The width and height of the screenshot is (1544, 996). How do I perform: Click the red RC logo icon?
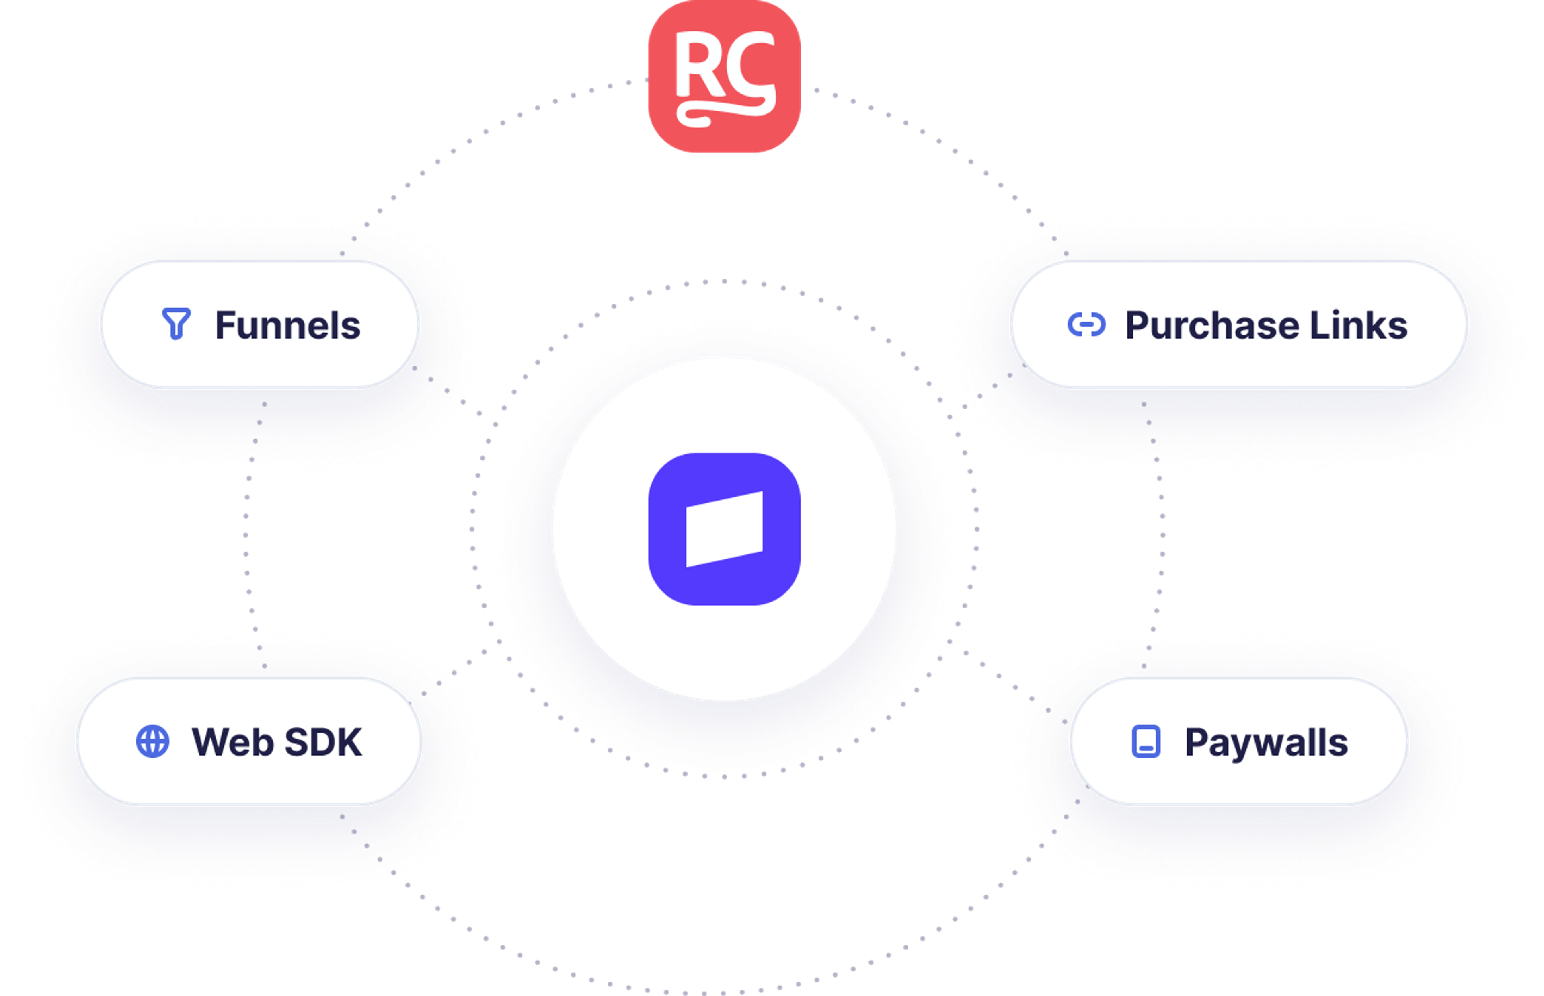click(724, 76)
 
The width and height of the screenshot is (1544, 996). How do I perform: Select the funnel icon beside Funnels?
click(176, 323)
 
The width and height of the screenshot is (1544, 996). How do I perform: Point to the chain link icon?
click(1086, 324)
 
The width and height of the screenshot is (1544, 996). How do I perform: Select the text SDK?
click(323, 742)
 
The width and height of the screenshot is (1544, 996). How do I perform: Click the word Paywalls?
click(1266, 742)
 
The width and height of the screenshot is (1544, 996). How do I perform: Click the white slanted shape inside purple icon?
click(724, 529)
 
